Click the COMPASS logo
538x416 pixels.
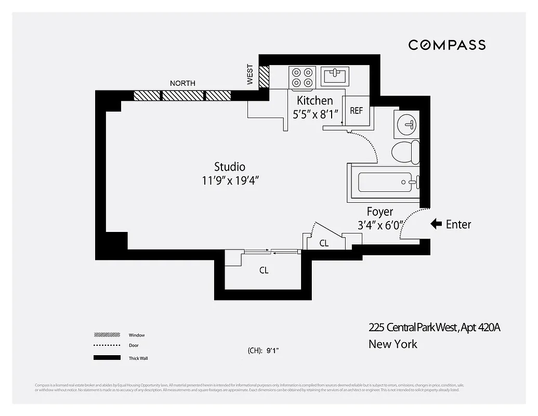447,45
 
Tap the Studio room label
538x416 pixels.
230,167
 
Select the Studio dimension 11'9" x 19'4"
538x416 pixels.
230,181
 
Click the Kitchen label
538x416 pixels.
314,100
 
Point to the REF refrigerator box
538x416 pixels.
356,111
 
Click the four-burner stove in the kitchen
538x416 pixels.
303,77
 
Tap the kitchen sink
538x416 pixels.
335,76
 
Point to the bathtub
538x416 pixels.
385,182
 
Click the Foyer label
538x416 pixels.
380,212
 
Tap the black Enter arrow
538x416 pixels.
436,224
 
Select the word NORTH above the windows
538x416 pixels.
182,83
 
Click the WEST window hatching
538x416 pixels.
264,76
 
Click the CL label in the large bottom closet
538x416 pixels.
264,270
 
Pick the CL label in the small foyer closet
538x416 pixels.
324,243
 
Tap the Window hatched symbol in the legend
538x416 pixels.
107,335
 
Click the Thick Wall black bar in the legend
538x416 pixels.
107,358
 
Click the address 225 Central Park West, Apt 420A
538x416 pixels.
434,327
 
